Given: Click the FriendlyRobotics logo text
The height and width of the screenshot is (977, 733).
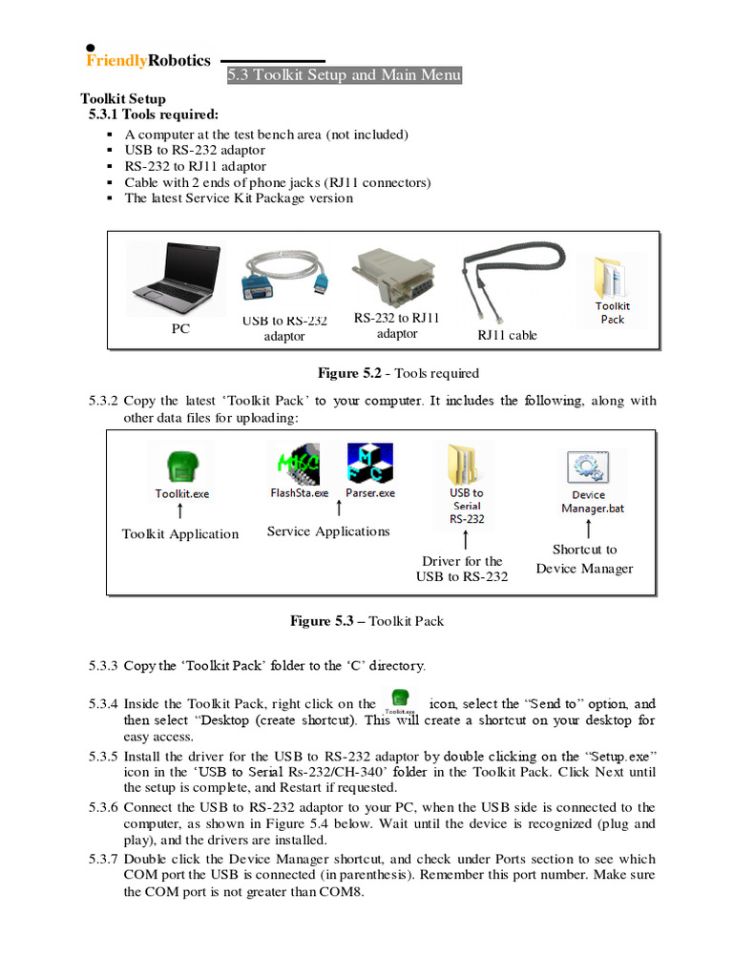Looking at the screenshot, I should tap(148, 61).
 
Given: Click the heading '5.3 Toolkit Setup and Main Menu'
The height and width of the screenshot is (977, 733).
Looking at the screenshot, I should tap(344, 75).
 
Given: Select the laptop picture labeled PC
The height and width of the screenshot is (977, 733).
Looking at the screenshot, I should tap(178, 280).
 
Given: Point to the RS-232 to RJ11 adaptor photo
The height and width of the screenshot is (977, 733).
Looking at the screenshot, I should tap(396, 278).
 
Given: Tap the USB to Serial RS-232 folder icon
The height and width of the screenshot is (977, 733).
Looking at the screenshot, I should tap(467, 465).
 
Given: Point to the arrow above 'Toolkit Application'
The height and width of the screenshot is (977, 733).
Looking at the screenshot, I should tap(180, 513).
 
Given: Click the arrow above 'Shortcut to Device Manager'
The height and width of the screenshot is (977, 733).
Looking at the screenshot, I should tap(589, 529).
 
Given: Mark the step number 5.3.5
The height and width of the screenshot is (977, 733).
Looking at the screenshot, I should tap(103, 756).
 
